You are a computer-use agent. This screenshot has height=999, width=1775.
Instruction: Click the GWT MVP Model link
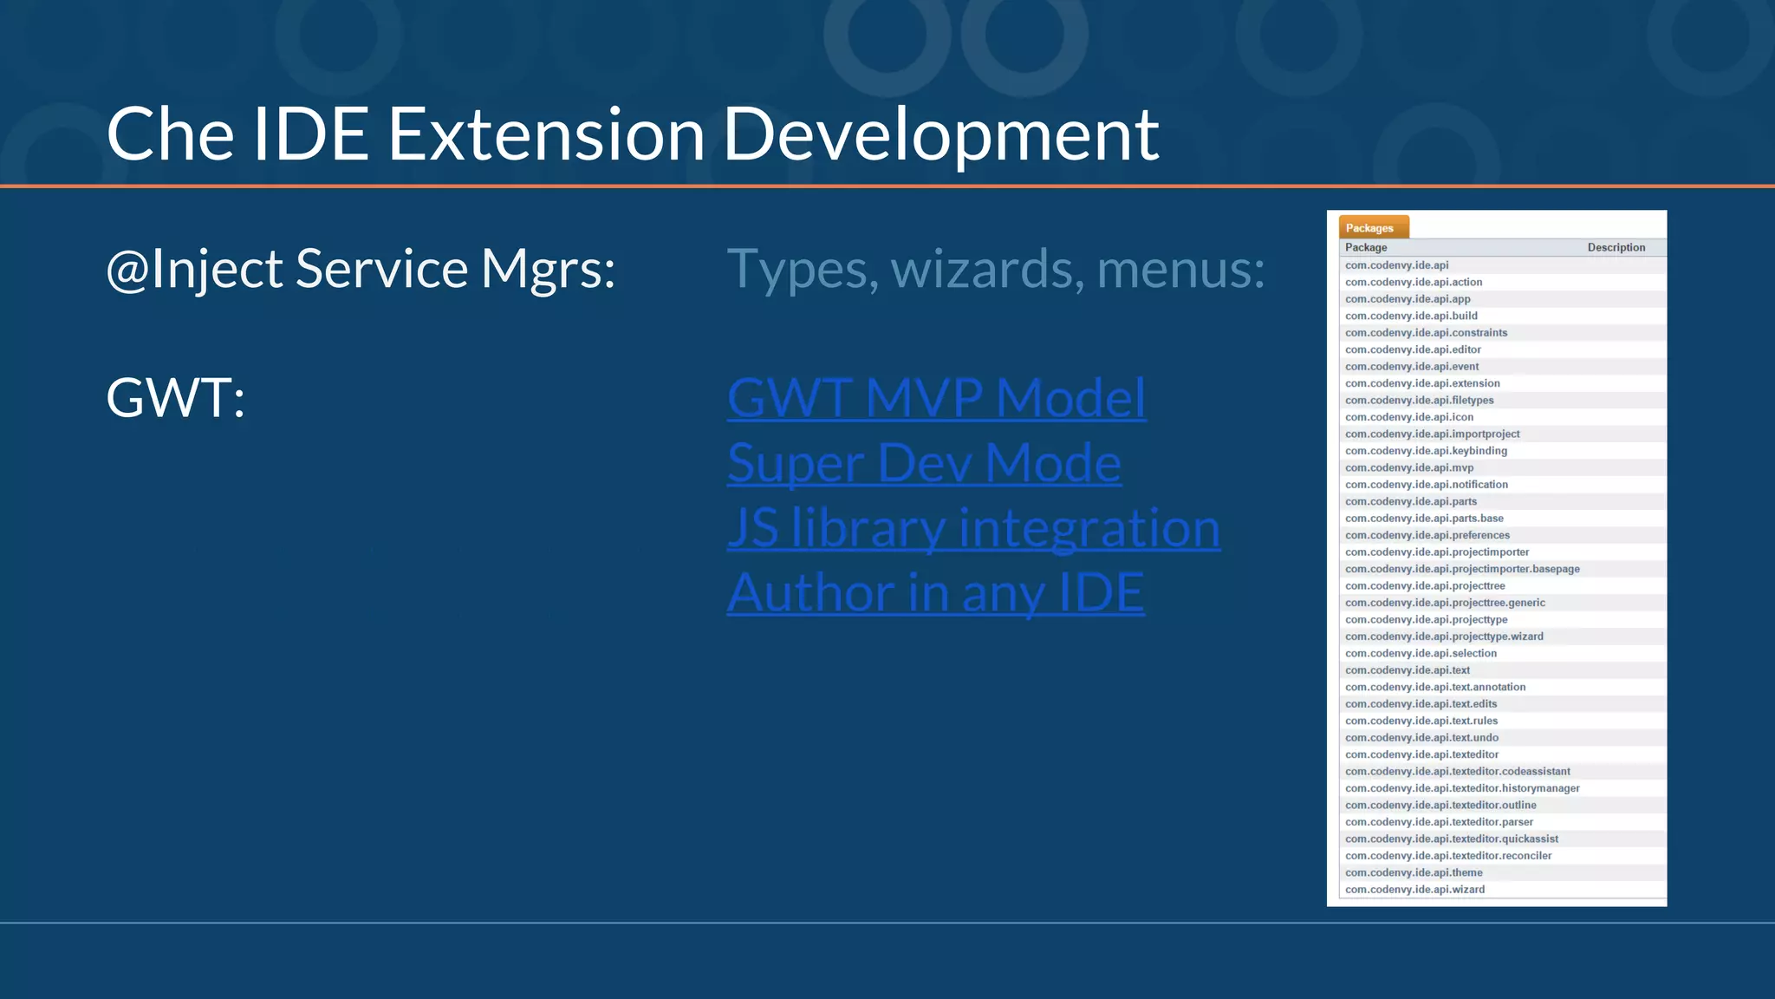pyautogui.click(x=936, y=398)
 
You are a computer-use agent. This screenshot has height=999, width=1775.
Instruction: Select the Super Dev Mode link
pyautogui.click(x=924, y=463)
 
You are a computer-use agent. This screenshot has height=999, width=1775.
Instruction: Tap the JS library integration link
pyautogui.click(x=973, y=528)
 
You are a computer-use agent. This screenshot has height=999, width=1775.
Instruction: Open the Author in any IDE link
pyautogui.click(x=935, y=593)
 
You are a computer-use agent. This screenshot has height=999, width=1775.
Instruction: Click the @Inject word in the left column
pyautogui.click(x=194, y=269)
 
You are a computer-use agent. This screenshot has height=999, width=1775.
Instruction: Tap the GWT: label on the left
pyautogui.click(x=175, y=398)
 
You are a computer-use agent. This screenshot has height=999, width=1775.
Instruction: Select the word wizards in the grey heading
pyautogui.click(x=987, y=269)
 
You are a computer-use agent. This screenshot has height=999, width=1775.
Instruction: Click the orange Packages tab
pyautogui.click(x=1373, y=227)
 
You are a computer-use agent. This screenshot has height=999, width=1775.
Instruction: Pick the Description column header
pyautogui.click(x=1616, y=247)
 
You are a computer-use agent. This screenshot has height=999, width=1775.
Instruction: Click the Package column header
pyautogui.click(x=1366, y=247)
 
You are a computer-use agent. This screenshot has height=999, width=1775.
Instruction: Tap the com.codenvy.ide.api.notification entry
pyautogui.click(x=1427, y=485)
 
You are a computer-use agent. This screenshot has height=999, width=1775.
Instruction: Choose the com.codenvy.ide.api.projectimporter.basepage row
pyautogui.click(x=1462, y=569)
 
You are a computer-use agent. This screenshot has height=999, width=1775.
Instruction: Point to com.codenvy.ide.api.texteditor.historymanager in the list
pyautogui.click(x=1462, y=788)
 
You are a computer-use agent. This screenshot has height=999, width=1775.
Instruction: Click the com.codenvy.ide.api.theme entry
pyautogui.click(x=1414, y=872)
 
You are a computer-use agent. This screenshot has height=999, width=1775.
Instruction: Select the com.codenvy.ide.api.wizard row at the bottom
pyautogui.click(x=1414, y=890)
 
